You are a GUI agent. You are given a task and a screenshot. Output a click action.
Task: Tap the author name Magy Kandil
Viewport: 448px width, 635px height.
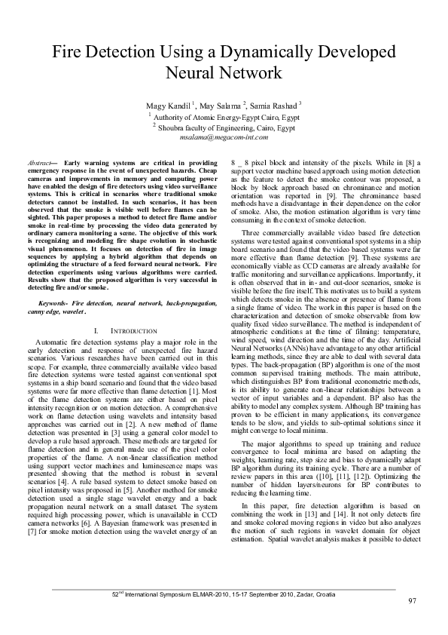click(170, 104)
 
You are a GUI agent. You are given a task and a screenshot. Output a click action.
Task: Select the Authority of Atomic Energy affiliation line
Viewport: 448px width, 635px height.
click(225, 118)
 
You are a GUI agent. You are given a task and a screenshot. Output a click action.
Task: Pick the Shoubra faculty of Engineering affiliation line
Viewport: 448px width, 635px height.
click(225, 128)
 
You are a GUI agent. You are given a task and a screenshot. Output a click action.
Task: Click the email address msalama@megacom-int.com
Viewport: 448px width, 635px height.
click(224, 139)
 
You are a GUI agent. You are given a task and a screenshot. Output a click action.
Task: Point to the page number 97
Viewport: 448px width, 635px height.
click(412, 600)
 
